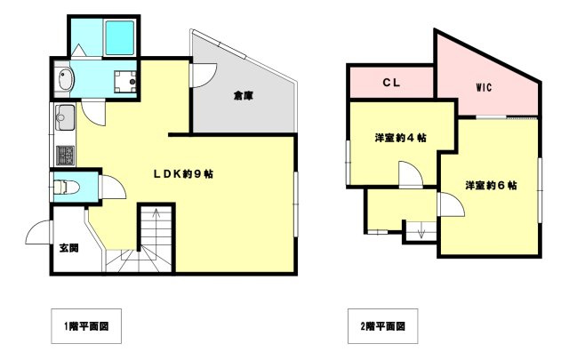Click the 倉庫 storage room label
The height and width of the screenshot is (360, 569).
(x=244, y=95)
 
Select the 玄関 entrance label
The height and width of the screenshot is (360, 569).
(x=68, y=248)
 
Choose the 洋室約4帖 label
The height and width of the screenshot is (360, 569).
(x=399, y=138)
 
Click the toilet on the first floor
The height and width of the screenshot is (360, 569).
(x=66, y=187)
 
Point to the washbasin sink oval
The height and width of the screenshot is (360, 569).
(x=63, y=82)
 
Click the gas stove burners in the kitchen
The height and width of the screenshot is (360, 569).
(x=66, y=155)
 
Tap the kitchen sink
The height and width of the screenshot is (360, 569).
(x=66, y=116)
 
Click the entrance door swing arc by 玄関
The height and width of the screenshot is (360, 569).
(x=39, y=233)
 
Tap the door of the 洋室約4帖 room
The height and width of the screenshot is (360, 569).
(x=410, y=174)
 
